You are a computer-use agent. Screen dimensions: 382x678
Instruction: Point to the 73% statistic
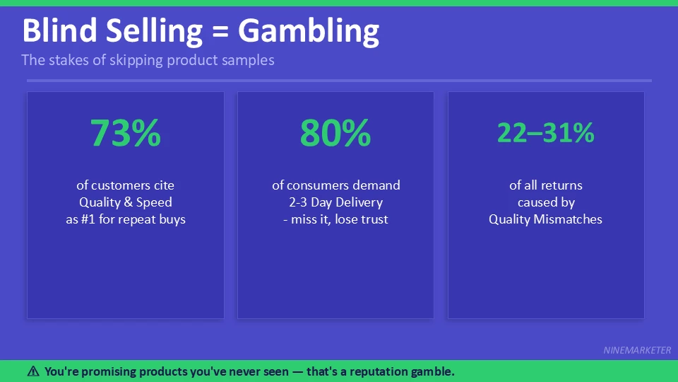tap(126, 133)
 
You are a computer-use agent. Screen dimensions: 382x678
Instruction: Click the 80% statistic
tap(335, 133)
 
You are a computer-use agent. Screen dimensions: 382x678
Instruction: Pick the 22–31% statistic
tap(545, 133)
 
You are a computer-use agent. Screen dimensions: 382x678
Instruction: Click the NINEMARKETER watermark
tap(637, 350)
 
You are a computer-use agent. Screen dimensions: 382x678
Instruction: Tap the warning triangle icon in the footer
tap(33, 371)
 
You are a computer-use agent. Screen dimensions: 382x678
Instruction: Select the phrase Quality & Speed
tap(126, 202)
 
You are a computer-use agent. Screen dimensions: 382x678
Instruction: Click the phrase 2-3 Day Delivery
tap(335, 202)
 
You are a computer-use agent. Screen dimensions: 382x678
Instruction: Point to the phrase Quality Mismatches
tap(545, 219)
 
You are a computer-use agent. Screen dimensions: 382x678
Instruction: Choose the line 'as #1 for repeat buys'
tap(126, 219)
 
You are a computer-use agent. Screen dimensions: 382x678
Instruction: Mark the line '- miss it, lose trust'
tap(335, 219)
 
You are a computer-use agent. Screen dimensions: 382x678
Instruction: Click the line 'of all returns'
tap(545, 185)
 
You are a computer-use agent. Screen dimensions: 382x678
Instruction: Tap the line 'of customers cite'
tap(126, 185)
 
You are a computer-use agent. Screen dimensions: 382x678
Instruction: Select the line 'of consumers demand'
tap(335, 185)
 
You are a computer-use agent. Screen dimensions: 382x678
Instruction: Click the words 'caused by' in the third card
tap(545, 202)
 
